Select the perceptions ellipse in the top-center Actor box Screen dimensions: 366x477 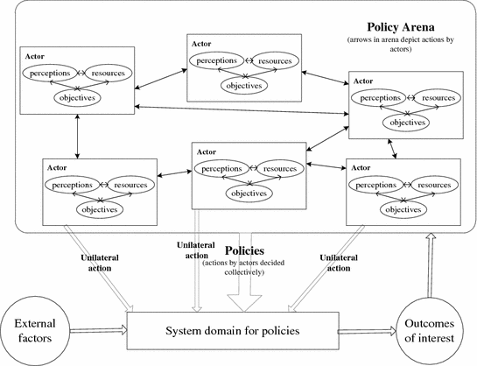coord(213,63)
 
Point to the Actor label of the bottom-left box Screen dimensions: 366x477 coord(57,165)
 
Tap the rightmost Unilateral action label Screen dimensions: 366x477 coord(339,264)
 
